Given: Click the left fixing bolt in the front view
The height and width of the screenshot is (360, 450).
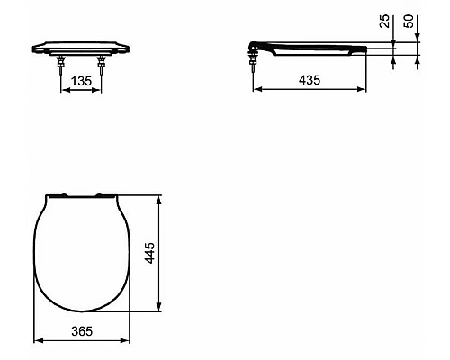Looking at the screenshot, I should pyautogui.click(x=60, y=63).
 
